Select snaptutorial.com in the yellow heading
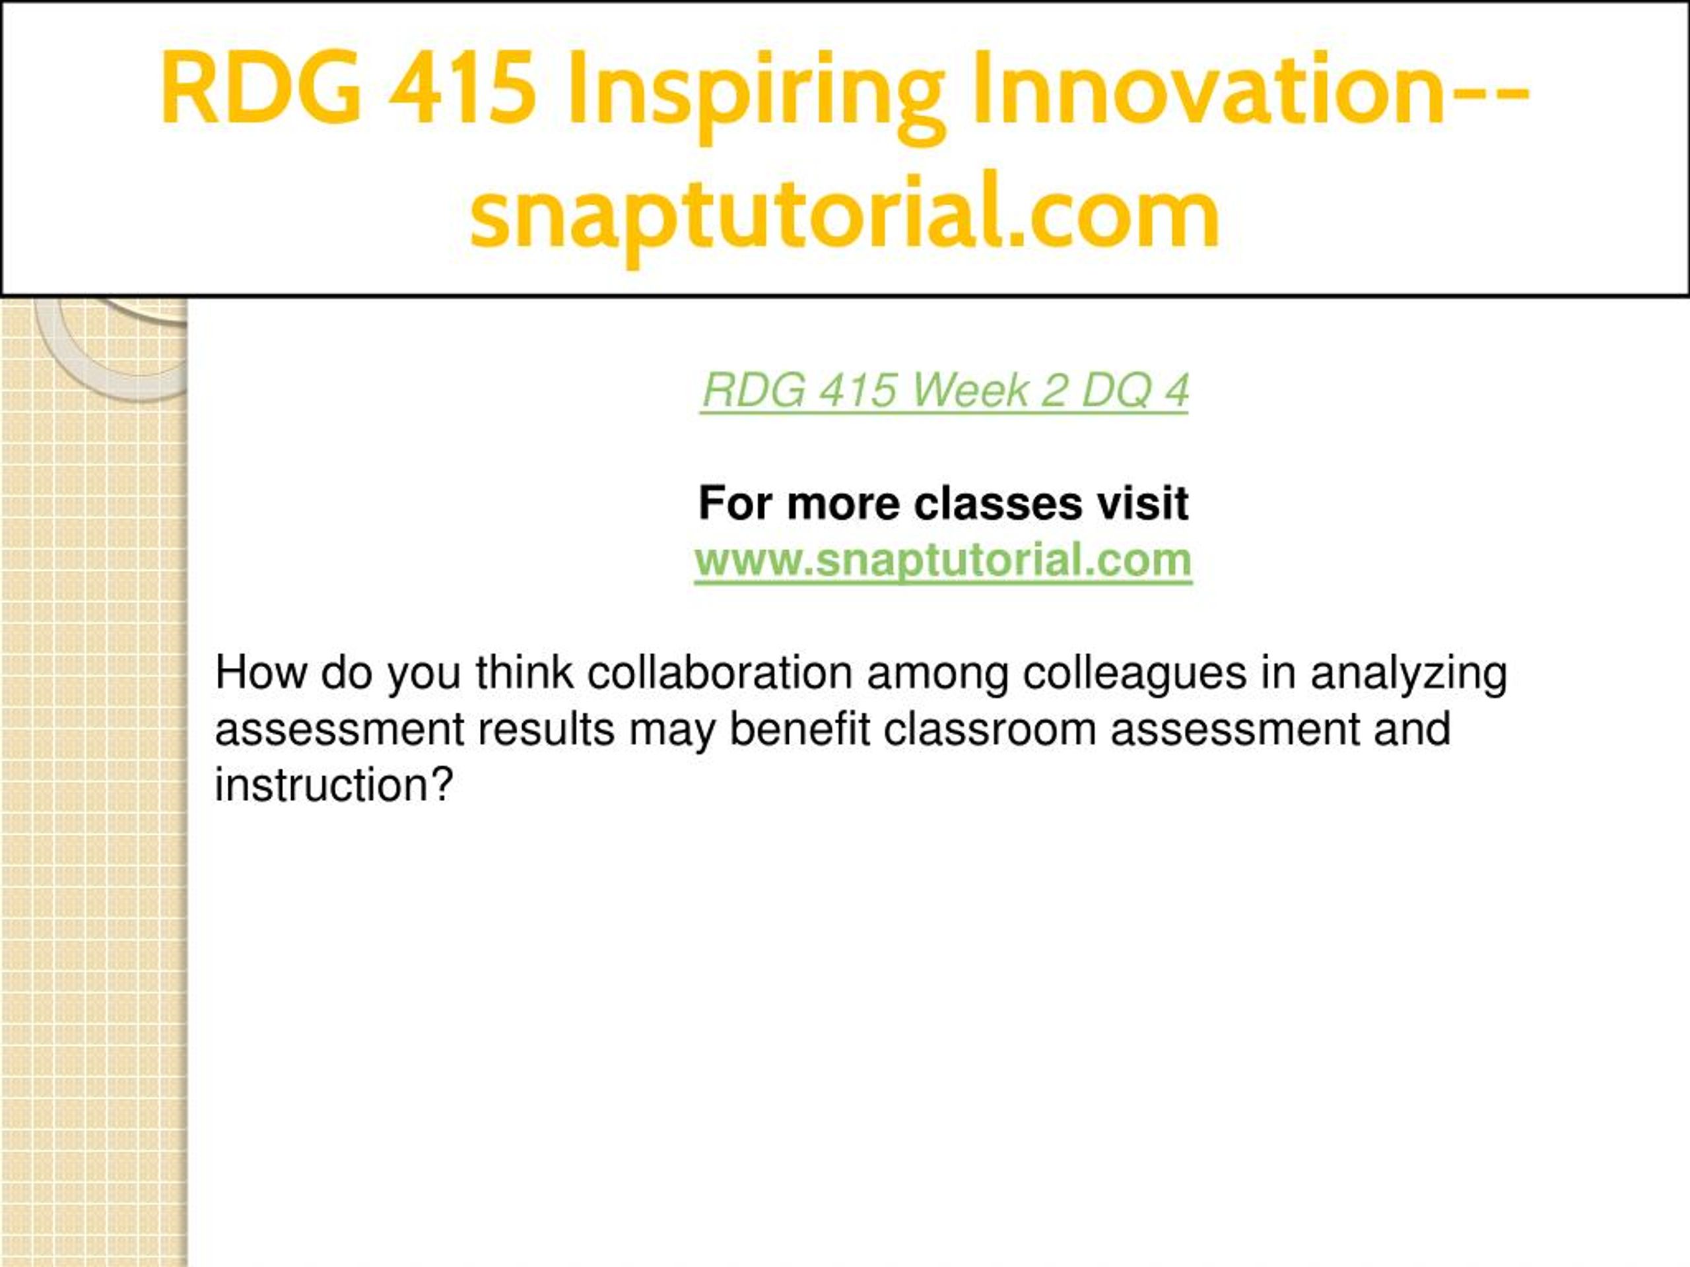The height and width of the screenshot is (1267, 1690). tap(844, 214)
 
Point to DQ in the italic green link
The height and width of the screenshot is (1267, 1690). tap(1116, 392)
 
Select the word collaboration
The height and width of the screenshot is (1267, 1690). tap(720, 673)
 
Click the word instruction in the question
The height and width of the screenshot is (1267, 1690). tap(324, 785)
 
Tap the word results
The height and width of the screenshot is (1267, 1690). tap(546, 729)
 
